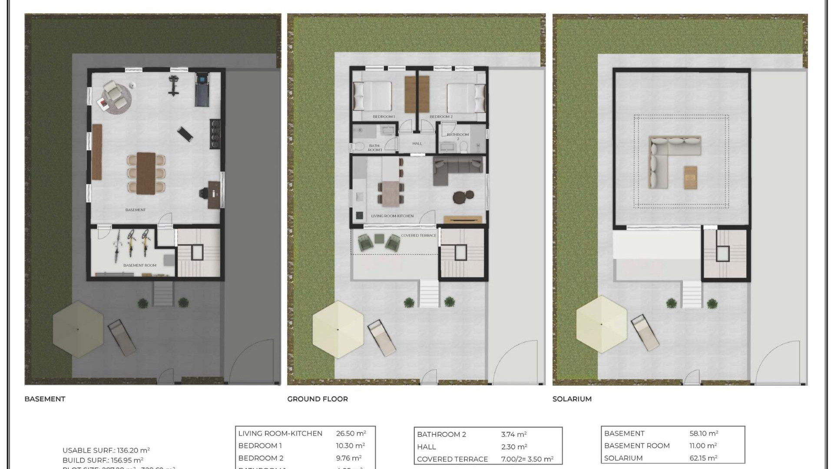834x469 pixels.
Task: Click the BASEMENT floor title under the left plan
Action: click(45, 399)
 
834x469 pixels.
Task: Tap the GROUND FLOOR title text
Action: click(317, 399)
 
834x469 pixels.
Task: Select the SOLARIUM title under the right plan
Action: click(572, 399)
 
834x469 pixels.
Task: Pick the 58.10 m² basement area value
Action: click(703, 433)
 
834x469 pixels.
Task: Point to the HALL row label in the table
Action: click(426, 446)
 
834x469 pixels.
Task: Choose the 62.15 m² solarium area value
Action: click(703, 458)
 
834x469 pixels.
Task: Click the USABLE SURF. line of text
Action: click(106, 450)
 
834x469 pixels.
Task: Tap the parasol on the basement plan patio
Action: click(78, 329)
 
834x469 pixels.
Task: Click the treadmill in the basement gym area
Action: click(202, 89)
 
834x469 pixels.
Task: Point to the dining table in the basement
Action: click(146, 173)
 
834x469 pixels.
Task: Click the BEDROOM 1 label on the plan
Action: click(384, 117)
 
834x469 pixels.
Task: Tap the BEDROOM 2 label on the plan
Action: click(441, 117)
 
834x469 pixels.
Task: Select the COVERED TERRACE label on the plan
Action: click(418, 235)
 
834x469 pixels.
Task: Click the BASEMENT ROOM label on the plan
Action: click(139, 265)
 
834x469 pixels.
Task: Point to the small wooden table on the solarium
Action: click(690, 177)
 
